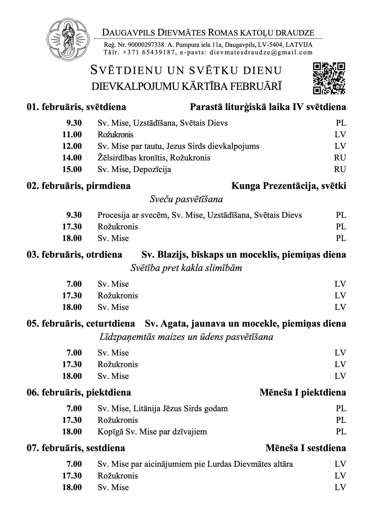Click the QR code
pos(329,78)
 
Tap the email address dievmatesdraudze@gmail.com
pos(261,53)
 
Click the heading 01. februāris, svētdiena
pos(77,107)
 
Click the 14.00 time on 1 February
pos(72,158)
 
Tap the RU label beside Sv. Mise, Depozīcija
pos(340,169)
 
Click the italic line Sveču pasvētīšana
pos(186,200)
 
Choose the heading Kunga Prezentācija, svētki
pos(289,186)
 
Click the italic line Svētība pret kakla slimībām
pos(186,268)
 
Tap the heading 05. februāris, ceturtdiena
pos(81,324)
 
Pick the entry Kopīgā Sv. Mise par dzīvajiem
pos(152,432)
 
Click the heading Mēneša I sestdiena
pos(306,448)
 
